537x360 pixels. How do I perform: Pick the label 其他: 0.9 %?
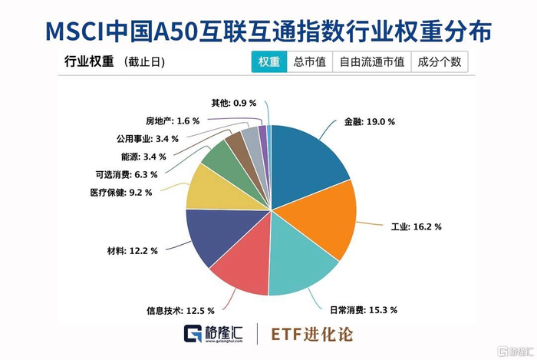pos(235,102)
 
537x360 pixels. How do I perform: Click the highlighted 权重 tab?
pos(268,63)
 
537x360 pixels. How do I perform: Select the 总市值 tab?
pos(309,63)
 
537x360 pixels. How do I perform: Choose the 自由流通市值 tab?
pos(371,63)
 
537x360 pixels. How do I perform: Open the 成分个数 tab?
pos(439,63)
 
